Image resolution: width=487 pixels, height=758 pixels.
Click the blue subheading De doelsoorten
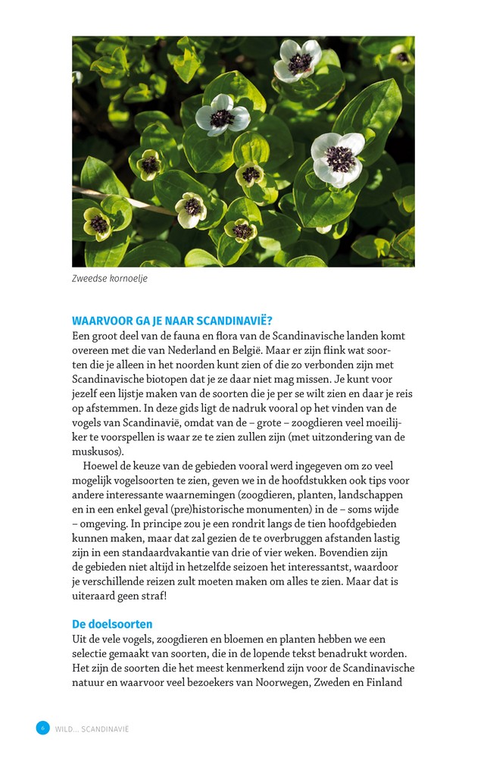point(112,624)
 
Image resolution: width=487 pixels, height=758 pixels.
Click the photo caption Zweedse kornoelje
point(110,278)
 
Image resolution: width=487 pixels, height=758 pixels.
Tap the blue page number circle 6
point(42,728)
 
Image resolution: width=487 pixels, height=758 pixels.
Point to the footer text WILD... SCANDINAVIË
point(92,729)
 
